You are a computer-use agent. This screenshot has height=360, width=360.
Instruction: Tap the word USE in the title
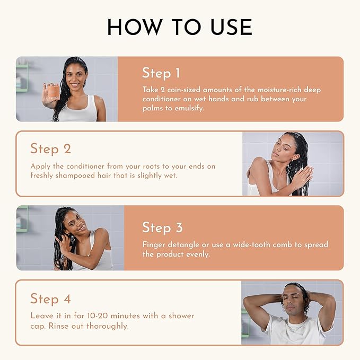[x=231, y=27]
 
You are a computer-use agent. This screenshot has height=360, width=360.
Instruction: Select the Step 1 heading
[x=161, y=73]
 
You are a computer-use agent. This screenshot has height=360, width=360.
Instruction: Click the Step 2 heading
[x=50, y=148]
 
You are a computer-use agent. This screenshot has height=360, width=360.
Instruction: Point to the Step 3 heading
[x=162, y=227]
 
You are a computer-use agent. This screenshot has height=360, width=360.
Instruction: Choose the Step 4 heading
[x=50, y=298]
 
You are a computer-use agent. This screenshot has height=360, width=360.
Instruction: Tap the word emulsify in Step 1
[x=189, y=108]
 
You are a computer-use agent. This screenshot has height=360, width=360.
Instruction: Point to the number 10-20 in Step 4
[x=98, y=315]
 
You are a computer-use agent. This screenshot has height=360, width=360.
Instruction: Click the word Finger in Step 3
[x=154, y=245]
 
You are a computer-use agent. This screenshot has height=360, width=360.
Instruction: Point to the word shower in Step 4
[x=181, y=315]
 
